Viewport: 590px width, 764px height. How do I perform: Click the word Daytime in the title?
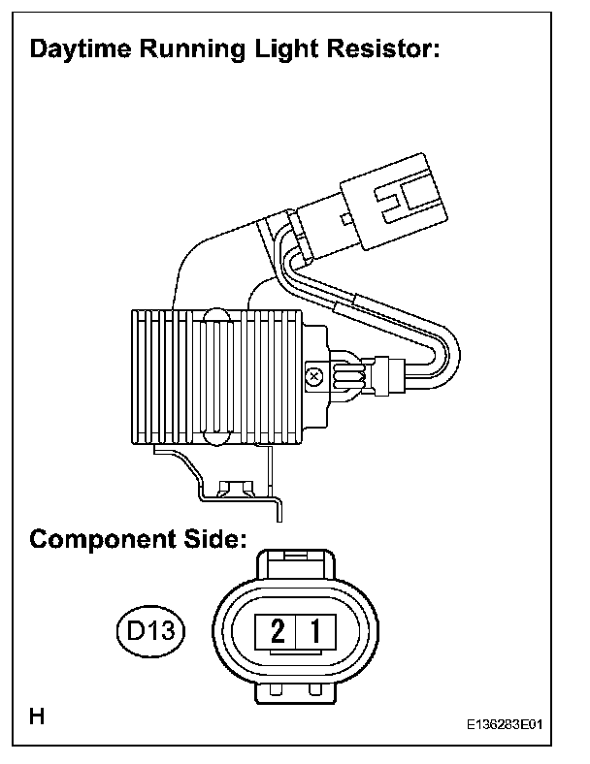[80, 50]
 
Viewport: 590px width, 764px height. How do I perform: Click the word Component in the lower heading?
[100, 540]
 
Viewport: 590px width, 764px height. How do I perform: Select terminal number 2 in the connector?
[278, 634]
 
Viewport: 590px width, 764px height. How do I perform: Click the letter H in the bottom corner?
[37, 717]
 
